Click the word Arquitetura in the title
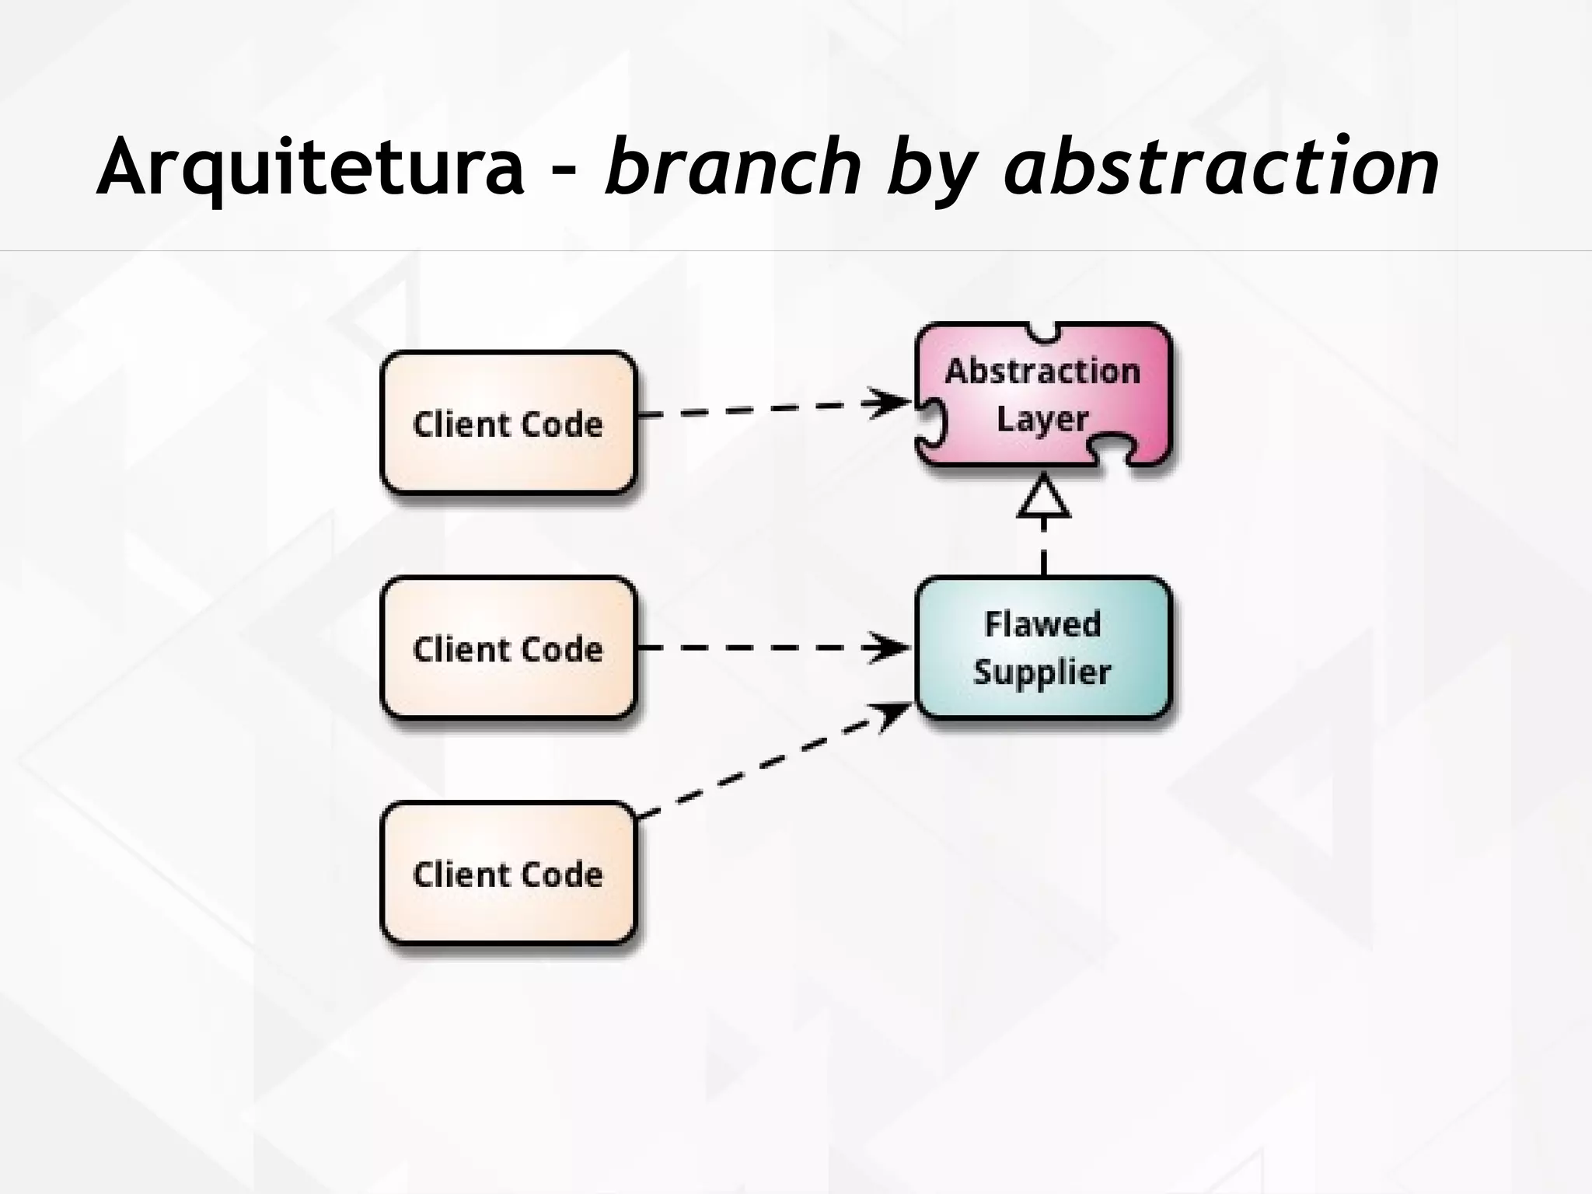pos(311,167)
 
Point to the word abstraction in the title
pos(1221,167)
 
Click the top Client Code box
pos(508,424)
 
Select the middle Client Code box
pos(508,648)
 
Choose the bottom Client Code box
pos(508,874)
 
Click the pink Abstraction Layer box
pos(1043,395)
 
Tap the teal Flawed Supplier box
pos(1043,648)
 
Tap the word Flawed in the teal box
pos(1043,623)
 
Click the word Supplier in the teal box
pos(1042,672)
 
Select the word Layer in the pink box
pos(1042,420)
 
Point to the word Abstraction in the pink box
pos(1043,371)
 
